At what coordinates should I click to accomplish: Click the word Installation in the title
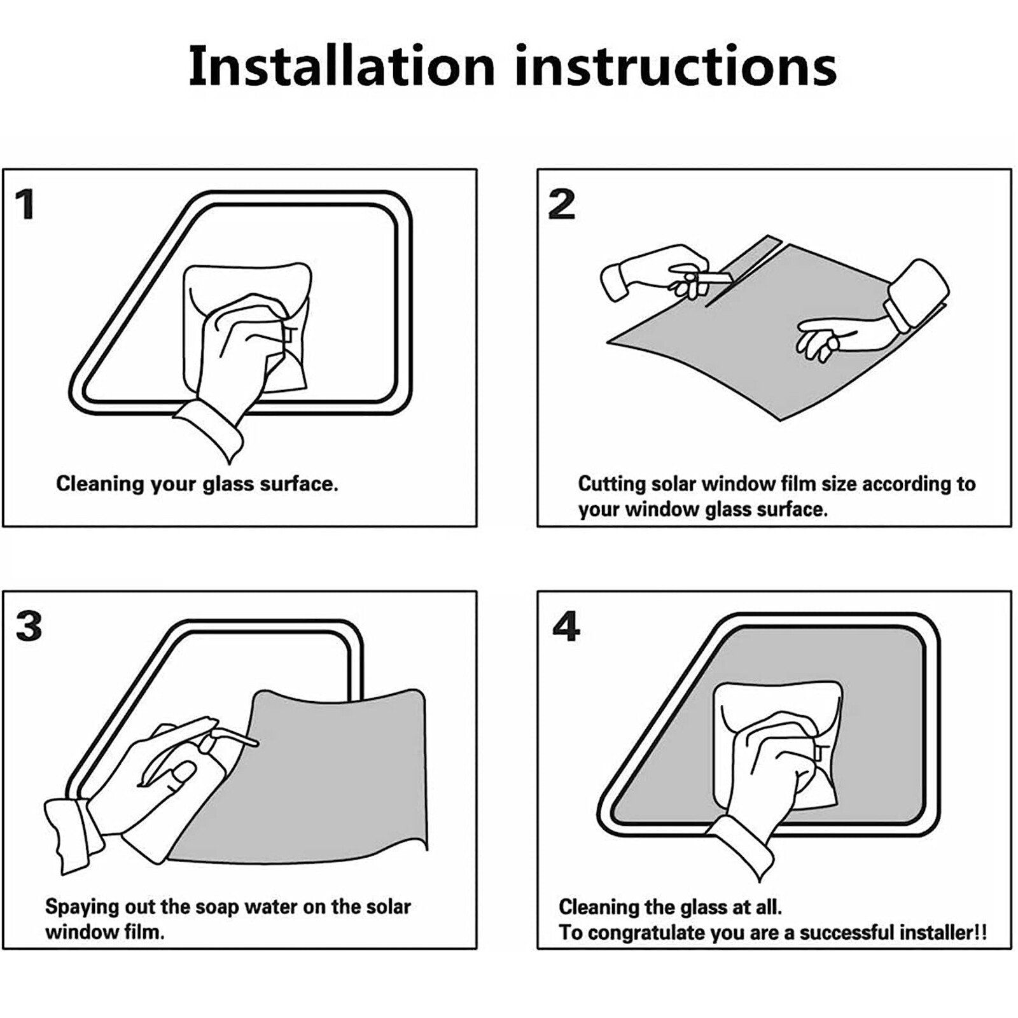click(x=342, y=66)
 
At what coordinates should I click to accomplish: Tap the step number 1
click(x=25, y=205)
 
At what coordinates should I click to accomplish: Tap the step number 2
click(x=561, y=205)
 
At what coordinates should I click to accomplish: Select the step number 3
click(x=29, y=627)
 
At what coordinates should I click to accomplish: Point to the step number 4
click(x=566, y=627)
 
